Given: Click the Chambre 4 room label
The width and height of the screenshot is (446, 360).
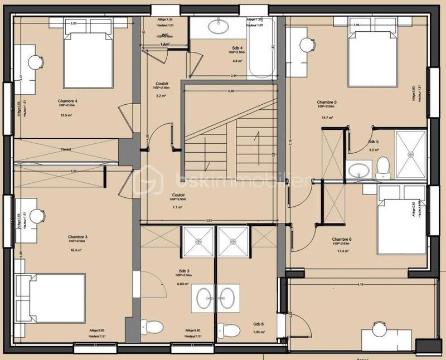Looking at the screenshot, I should (67, 101).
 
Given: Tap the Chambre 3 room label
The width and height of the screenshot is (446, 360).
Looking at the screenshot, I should (77, 237).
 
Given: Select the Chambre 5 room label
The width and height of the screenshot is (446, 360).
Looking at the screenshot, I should (327, 103).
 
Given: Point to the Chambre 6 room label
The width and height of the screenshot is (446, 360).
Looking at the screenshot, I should (342, 239).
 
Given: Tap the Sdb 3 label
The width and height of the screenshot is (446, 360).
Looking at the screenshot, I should (183, 271).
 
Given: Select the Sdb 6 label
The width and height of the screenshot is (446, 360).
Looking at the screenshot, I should (258, 324).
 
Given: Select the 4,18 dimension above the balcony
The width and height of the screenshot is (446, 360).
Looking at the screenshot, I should (361, 285).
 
